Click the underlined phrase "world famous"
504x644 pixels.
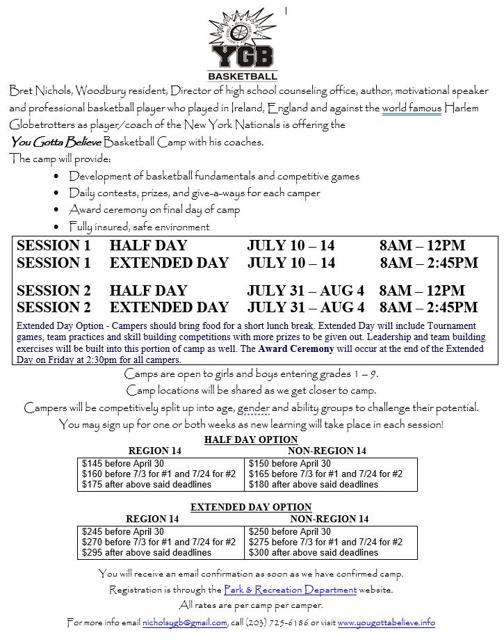click(x=412, y=108)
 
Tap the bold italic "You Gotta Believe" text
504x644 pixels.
click(x=56, y=142)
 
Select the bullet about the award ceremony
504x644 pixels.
click(x=154, y=209)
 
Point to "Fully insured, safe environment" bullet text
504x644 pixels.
click(x=139, y=227)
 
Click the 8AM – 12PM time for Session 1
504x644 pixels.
click(x=422, y=245)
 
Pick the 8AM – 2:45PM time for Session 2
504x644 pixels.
click(x=428, y=307)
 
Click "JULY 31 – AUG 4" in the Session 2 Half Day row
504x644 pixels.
click(x=305, y=291)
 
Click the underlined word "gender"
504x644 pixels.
click(x=253, y=407)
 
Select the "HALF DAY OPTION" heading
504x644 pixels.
click(x=251, y=440)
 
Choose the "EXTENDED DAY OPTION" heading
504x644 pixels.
click(x=251, y=507)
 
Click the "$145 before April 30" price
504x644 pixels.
click(x=123, y=464)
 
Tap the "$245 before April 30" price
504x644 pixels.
click(x=123, y=532)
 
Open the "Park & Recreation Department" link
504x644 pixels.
click(x=290, y=590)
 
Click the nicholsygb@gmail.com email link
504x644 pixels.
click(x=184, y=622)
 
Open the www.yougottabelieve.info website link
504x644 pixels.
click(x=386, y=622)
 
